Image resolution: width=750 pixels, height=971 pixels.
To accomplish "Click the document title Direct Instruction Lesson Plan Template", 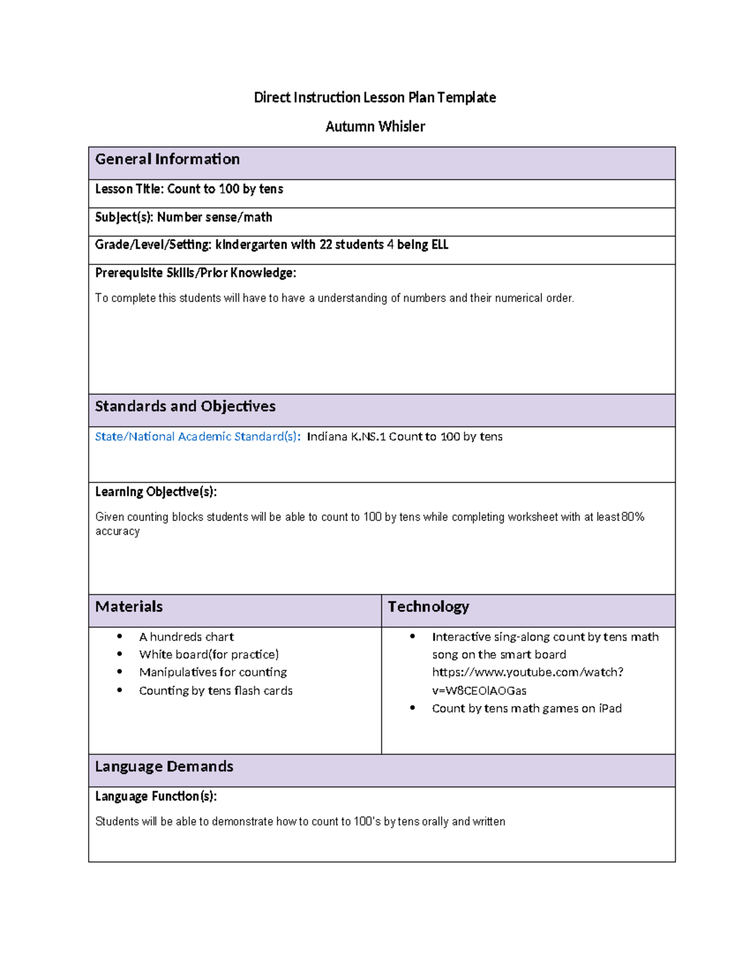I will point(374,98).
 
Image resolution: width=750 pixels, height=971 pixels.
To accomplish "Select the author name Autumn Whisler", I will point(375,126).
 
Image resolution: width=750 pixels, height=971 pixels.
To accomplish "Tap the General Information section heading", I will point(167,159).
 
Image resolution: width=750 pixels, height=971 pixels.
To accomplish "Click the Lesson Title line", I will point(189,189).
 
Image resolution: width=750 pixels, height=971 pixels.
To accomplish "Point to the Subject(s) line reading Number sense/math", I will point(183,217).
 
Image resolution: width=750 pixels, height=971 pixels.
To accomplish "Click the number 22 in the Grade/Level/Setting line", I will point(326,244).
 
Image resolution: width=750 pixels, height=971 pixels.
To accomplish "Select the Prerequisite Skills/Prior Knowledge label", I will point(195,273).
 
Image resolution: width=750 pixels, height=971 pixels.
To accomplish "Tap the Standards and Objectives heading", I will point(185,406).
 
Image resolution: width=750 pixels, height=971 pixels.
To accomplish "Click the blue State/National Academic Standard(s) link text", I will point(197,436).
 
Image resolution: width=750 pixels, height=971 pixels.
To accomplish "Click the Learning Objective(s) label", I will point(156,491).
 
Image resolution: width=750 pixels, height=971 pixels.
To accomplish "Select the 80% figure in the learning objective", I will point(632,517).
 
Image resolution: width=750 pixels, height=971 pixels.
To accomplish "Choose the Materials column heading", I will point(129,606).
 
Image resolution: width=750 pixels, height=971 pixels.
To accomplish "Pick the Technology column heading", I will point(428,606).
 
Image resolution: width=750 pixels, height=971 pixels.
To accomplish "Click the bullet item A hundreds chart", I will point(186,636).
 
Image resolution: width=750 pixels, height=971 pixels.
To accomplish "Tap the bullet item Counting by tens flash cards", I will point(216,690).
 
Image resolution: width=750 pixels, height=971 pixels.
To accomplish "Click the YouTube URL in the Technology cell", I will point(527,681).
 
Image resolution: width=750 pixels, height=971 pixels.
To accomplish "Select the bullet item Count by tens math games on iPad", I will point(526,708).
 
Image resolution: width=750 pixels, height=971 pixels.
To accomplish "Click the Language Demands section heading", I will point(164,767).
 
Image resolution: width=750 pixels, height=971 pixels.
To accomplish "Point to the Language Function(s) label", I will point(156,796).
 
